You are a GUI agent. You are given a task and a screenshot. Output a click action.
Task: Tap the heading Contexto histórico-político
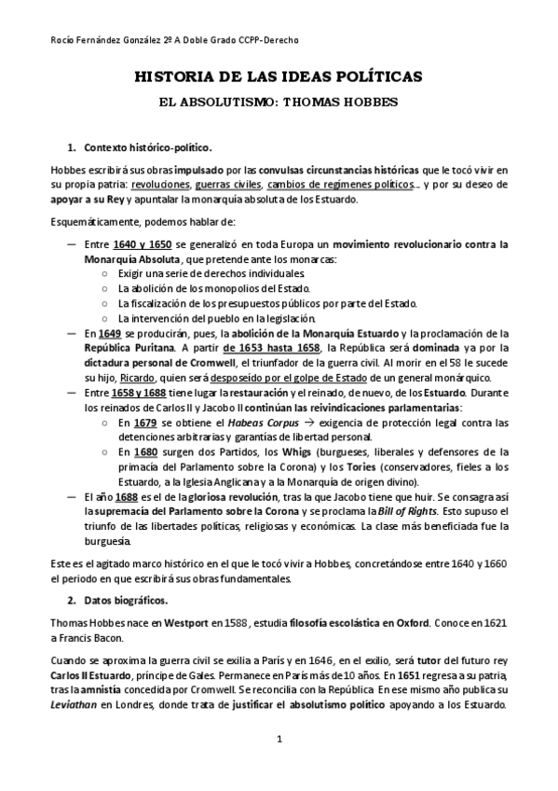(148, 148)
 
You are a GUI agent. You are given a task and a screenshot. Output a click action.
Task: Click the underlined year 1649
(110, 333)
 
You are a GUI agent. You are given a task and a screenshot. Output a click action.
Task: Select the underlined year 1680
(132, 451)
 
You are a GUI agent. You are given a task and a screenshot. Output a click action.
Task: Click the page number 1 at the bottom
(278, 740)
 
